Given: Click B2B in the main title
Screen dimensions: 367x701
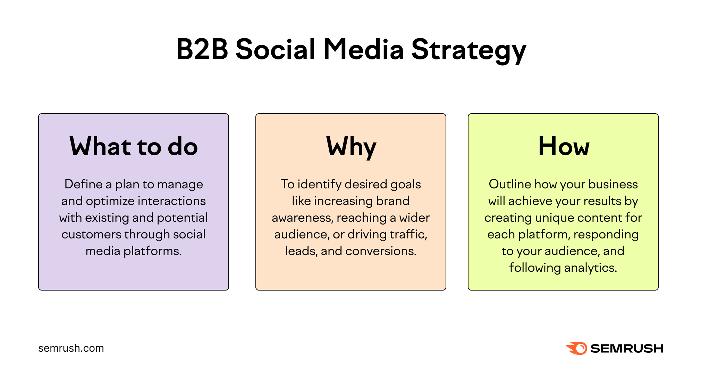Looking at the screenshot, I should click(x=202, y=49).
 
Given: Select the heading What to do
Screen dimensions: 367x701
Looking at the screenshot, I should click(x=134, y=146).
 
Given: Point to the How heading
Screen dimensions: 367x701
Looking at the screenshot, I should click(x=563, y=146).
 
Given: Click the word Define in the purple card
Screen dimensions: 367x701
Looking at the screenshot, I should click(x=83, y=184).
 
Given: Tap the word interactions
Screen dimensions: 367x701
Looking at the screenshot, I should click(x=172, y=201).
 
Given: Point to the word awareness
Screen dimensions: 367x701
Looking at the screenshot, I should click(x=302, y=218).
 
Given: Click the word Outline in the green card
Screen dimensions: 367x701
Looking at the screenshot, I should click(x=510, y=184).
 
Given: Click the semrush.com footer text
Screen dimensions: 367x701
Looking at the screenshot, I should click(x=71, y=348).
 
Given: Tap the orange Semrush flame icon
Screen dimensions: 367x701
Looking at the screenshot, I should click(x=577, y=348).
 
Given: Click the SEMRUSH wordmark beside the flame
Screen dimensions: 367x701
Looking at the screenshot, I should click(x=627, y=348).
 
